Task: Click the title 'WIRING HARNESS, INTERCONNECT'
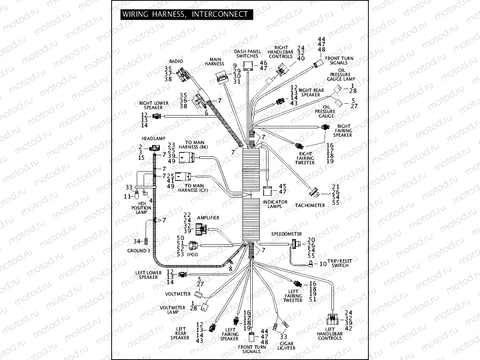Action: [x=185, y=14]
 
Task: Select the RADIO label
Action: [x=176, y=61]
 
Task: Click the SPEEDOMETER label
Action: [x=286, y=234]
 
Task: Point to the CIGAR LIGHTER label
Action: [x=286, y=346]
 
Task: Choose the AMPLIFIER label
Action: [x=208, y=217]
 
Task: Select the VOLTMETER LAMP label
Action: [x=172, y=310]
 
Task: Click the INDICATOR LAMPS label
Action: [x=275, y=205]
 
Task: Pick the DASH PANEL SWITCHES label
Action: [x=247, y=54]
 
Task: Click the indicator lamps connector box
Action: [x=269, y=191]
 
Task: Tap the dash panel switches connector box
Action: [x=250, y=66]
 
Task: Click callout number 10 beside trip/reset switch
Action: [x=323, y=264]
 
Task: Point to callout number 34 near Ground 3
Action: [x=136, y=241]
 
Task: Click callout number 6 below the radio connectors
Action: [x=207, y=113]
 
